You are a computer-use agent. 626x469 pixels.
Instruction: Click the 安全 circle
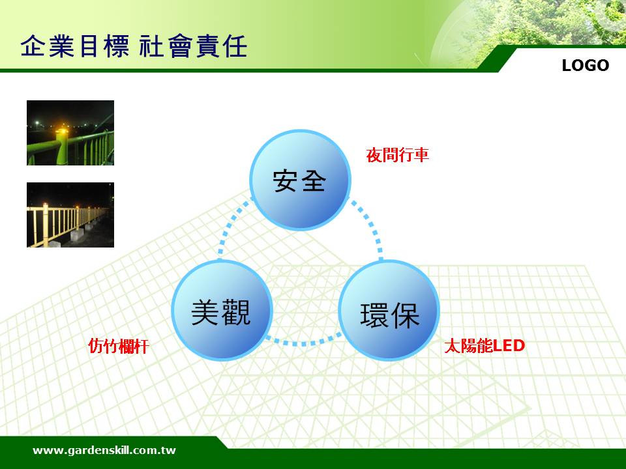[x=300, y=180]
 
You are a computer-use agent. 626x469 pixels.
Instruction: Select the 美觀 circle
[x=222, y=310]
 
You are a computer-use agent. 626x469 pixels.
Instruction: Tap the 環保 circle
[x=389, y=310]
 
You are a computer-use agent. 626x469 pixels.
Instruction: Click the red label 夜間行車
[x=398, y=155]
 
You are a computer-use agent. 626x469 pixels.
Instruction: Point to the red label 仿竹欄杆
[x=118, y=346]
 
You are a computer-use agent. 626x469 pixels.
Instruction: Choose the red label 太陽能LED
[x=484, y=345]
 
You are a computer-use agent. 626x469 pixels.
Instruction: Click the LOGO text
[x=586, y=65]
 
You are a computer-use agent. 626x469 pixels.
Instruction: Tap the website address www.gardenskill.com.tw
[x=104, y=450]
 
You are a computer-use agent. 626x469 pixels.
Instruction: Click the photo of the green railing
[x=70, y=133]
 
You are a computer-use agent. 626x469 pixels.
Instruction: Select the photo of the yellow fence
[x=70, y=215]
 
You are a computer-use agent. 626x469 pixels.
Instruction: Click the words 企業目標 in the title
[x=75, y=46]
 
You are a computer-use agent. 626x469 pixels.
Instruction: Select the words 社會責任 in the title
[x=193, y=46]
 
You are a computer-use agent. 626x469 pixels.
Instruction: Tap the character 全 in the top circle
[x=314, y=180]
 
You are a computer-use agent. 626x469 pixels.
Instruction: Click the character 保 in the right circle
[x=405, y=315]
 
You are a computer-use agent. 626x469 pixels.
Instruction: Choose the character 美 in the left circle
[x=205, y=312]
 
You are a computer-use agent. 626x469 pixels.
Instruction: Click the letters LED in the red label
[x=509, y=345]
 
